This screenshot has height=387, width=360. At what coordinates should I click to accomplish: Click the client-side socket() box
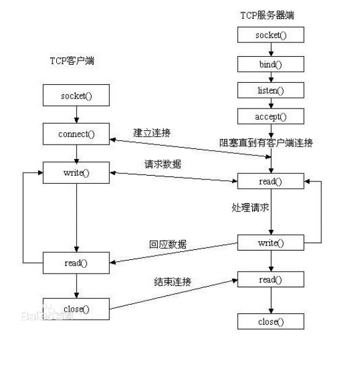(75, 96)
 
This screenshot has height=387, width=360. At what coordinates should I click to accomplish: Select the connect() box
(75, 133)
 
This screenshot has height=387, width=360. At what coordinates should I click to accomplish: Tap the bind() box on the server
(270, 64)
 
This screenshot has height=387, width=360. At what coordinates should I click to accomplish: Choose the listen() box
(270, 90)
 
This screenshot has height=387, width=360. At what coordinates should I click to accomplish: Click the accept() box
(270, 117)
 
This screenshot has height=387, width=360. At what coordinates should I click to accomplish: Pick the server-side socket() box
(270, 35)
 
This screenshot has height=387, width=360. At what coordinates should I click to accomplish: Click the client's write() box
(75, 173)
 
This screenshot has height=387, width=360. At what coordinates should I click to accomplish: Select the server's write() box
(270, 242)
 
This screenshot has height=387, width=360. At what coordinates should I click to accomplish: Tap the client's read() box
(75, 262)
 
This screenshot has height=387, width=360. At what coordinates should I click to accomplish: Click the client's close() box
(75, 308)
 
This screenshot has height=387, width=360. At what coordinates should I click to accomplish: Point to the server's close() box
(270, 322)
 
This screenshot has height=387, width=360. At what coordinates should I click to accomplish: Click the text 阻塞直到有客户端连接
(265, 143)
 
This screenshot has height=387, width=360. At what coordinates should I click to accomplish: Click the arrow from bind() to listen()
(270, 77)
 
